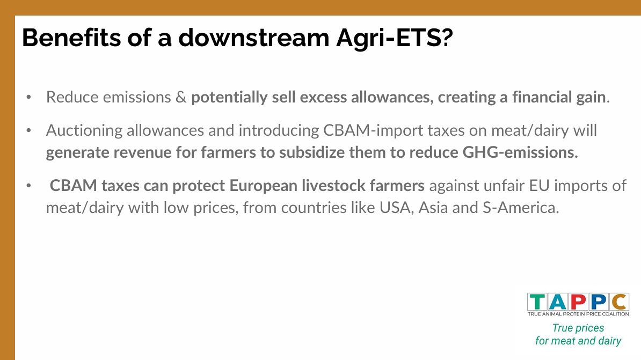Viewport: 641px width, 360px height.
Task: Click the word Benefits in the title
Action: (71, 38)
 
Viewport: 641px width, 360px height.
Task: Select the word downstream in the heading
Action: (254, 38)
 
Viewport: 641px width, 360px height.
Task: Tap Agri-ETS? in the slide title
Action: (395, 38)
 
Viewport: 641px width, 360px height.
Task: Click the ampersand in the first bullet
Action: (181, 97)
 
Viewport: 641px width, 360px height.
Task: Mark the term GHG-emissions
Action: (520, 152)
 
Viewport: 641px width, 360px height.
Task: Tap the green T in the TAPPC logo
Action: (537, 303)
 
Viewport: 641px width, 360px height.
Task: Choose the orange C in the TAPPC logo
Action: (620, 303)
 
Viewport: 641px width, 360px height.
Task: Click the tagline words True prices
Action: (578, 328)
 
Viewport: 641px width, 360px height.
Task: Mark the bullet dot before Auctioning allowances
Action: (28, 131)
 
